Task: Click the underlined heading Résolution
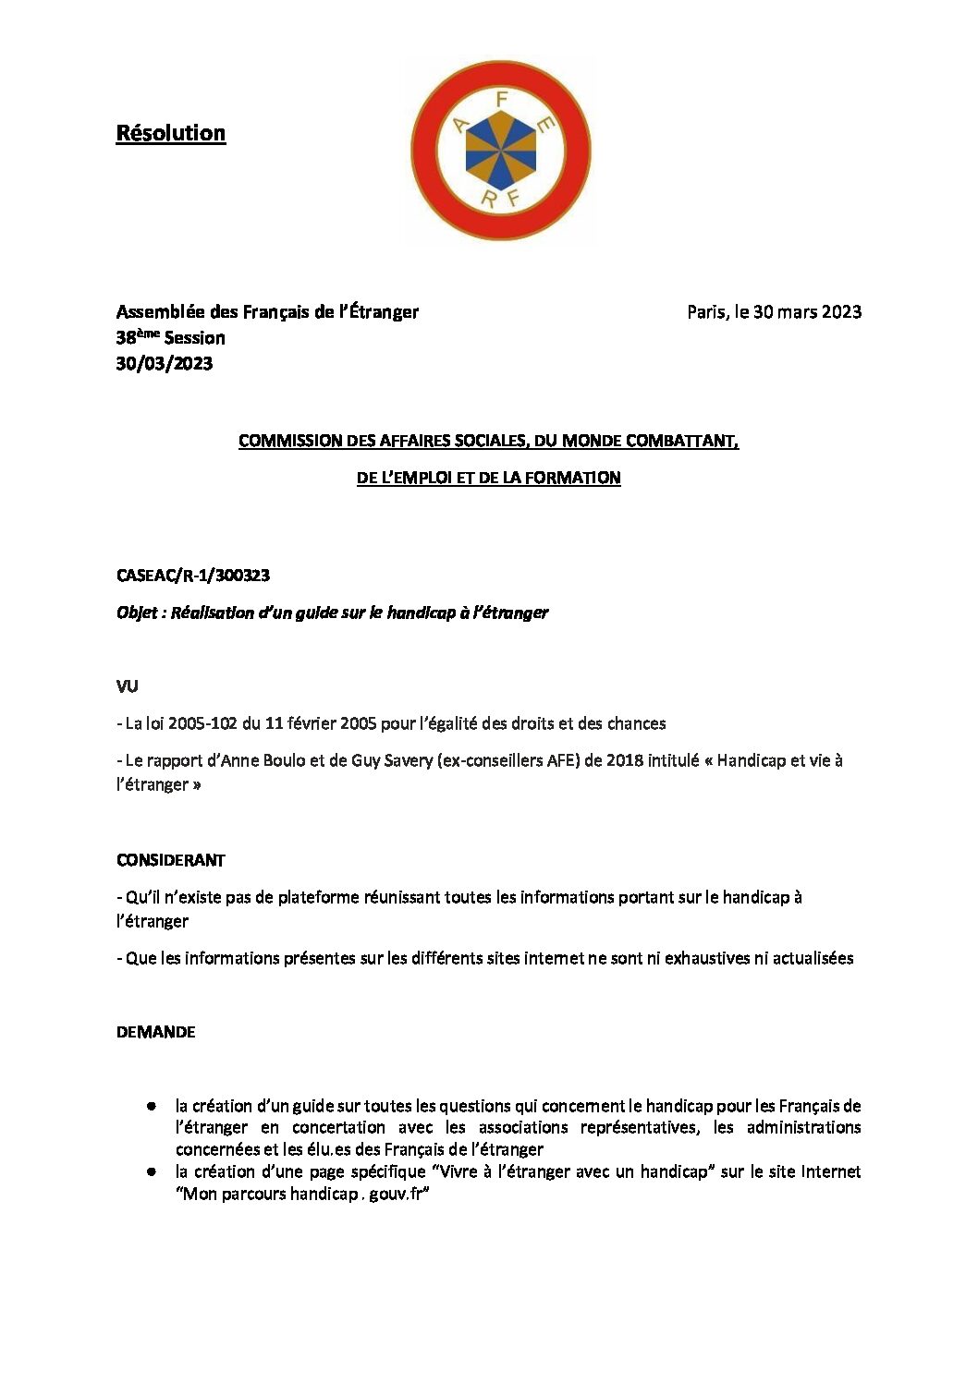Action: point(171,133)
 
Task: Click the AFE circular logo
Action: point(501,152)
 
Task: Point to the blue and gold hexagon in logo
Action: point(501,152)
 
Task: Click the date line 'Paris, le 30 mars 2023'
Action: point(774,312)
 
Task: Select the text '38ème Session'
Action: point(171,338)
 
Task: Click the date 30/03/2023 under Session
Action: point(165,364)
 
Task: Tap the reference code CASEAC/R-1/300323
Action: point(193,576)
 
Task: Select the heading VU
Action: point(128,686)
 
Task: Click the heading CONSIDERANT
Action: point(171,860)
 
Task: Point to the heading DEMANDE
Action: point(156,1032)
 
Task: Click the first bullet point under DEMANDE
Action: point(151,1106)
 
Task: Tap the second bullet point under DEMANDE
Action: point(151,1171)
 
